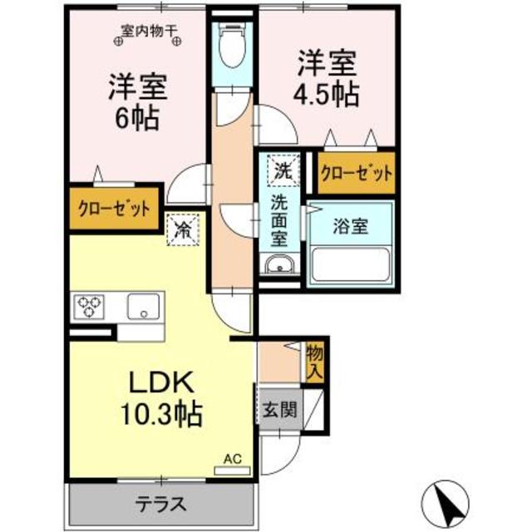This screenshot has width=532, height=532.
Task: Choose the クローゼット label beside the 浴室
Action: [357, 175]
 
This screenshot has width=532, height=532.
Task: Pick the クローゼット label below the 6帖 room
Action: [115, 209]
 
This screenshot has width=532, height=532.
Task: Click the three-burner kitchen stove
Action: [88, 307]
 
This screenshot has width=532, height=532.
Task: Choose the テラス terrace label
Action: [161, 503]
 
